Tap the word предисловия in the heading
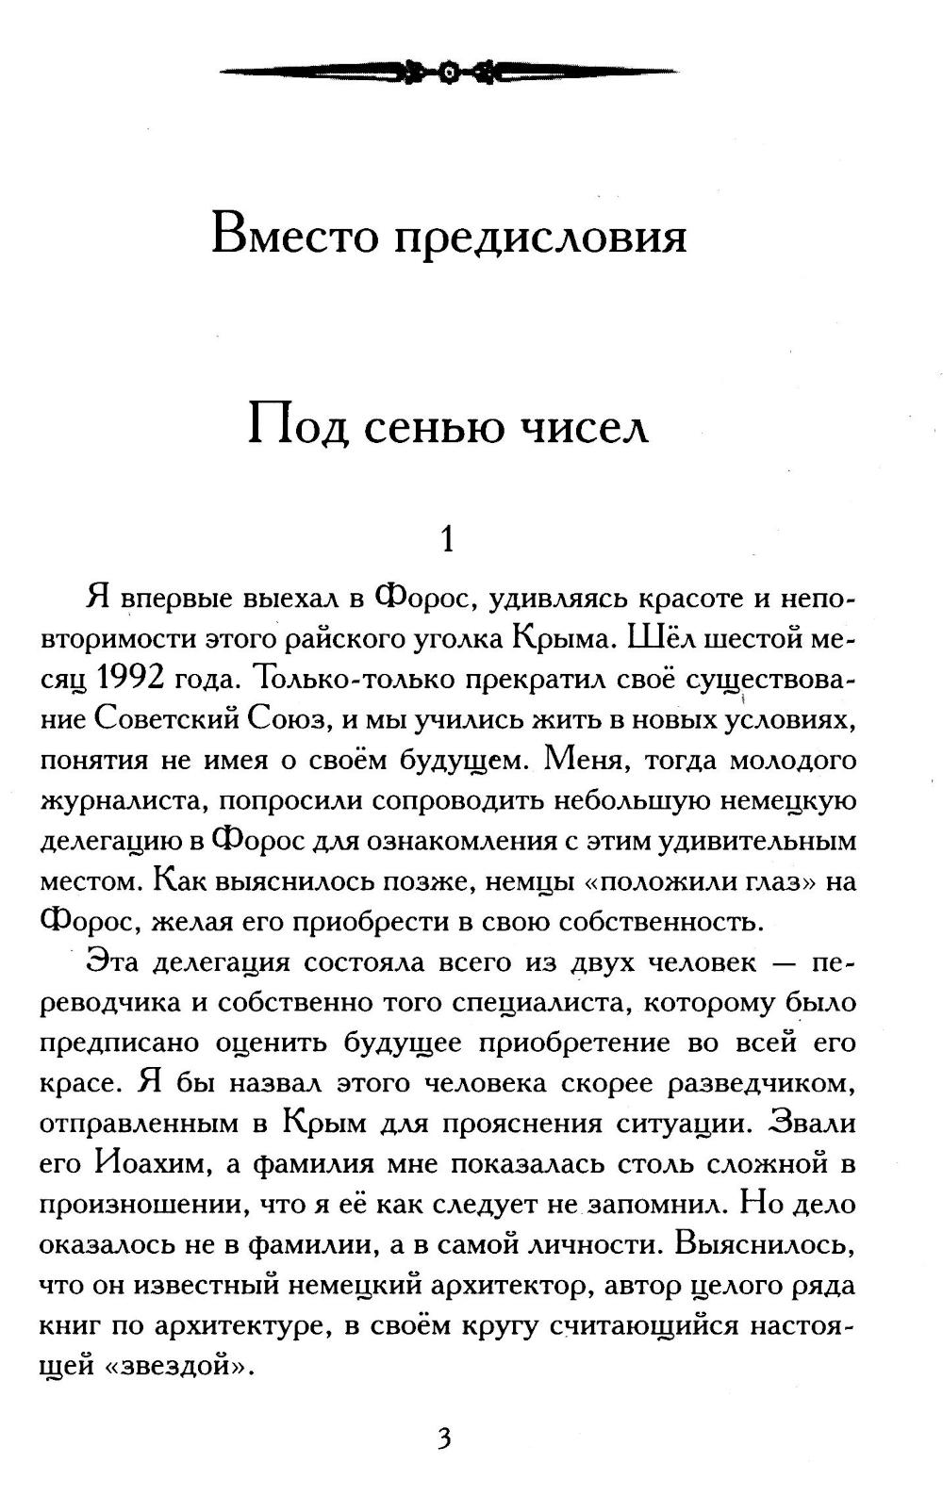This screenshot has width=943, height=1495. [x=539, y=238]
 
